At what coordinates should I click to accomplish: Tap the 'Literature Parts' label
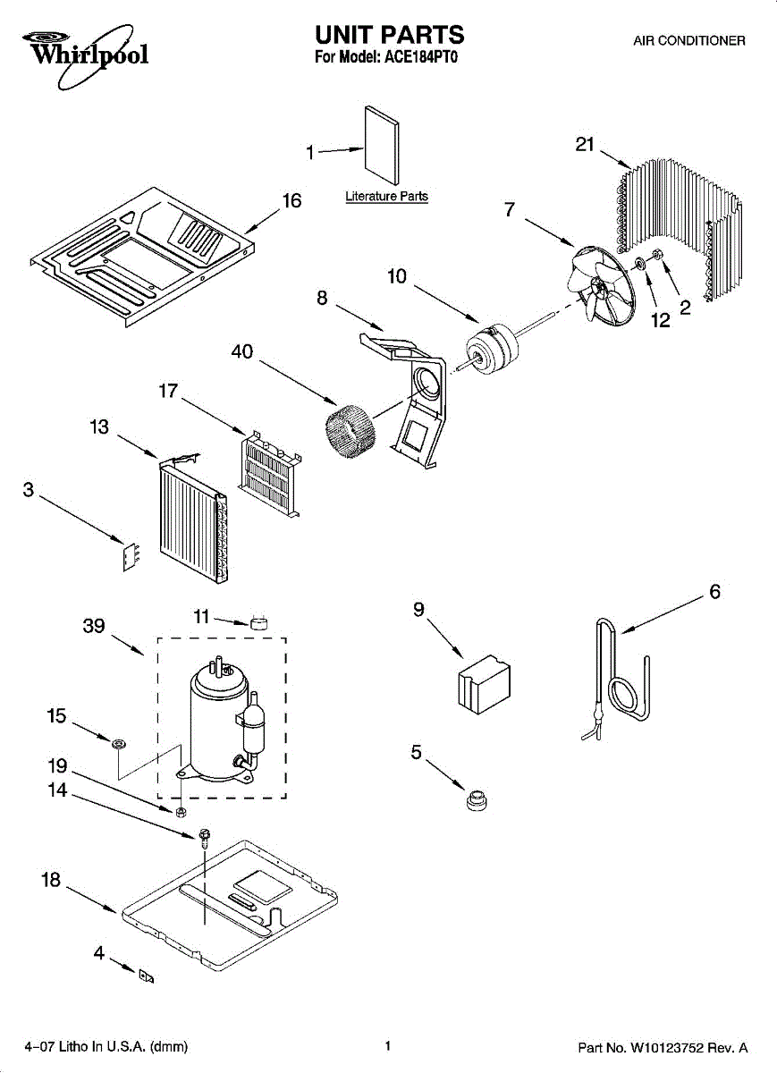pos(386,196)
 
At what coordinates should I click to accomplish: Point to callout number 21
pos(585,144)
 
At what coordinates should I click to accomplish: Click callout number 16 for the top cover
pos(292,201)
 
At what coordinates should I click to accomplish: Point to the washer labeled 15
pos(117,743)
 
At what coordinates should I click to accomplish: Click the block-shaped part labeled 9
pos(483,684)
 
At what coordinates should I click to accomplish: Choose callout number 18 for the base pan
pos(51,881)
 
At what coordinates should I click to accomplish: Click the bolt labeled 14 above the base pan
pos(206,838)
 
